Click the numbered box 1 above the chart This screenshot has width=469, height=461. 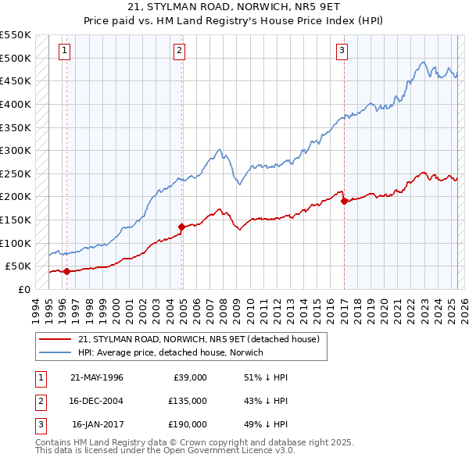tap(63, 51)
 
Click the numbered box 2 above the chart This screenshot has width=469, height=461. tap(179, 51)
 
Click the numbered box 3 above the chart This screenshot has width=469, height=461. tap(342, 51)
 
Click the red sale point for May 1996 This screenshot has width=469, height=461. tap(66, 271)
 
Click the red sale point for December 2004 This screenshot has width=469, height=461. tap(182, 227)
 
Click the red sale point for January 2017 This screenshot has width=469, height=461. tap(344, 201)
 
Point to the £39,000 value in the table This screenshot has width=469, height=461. tap(190, 377)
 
